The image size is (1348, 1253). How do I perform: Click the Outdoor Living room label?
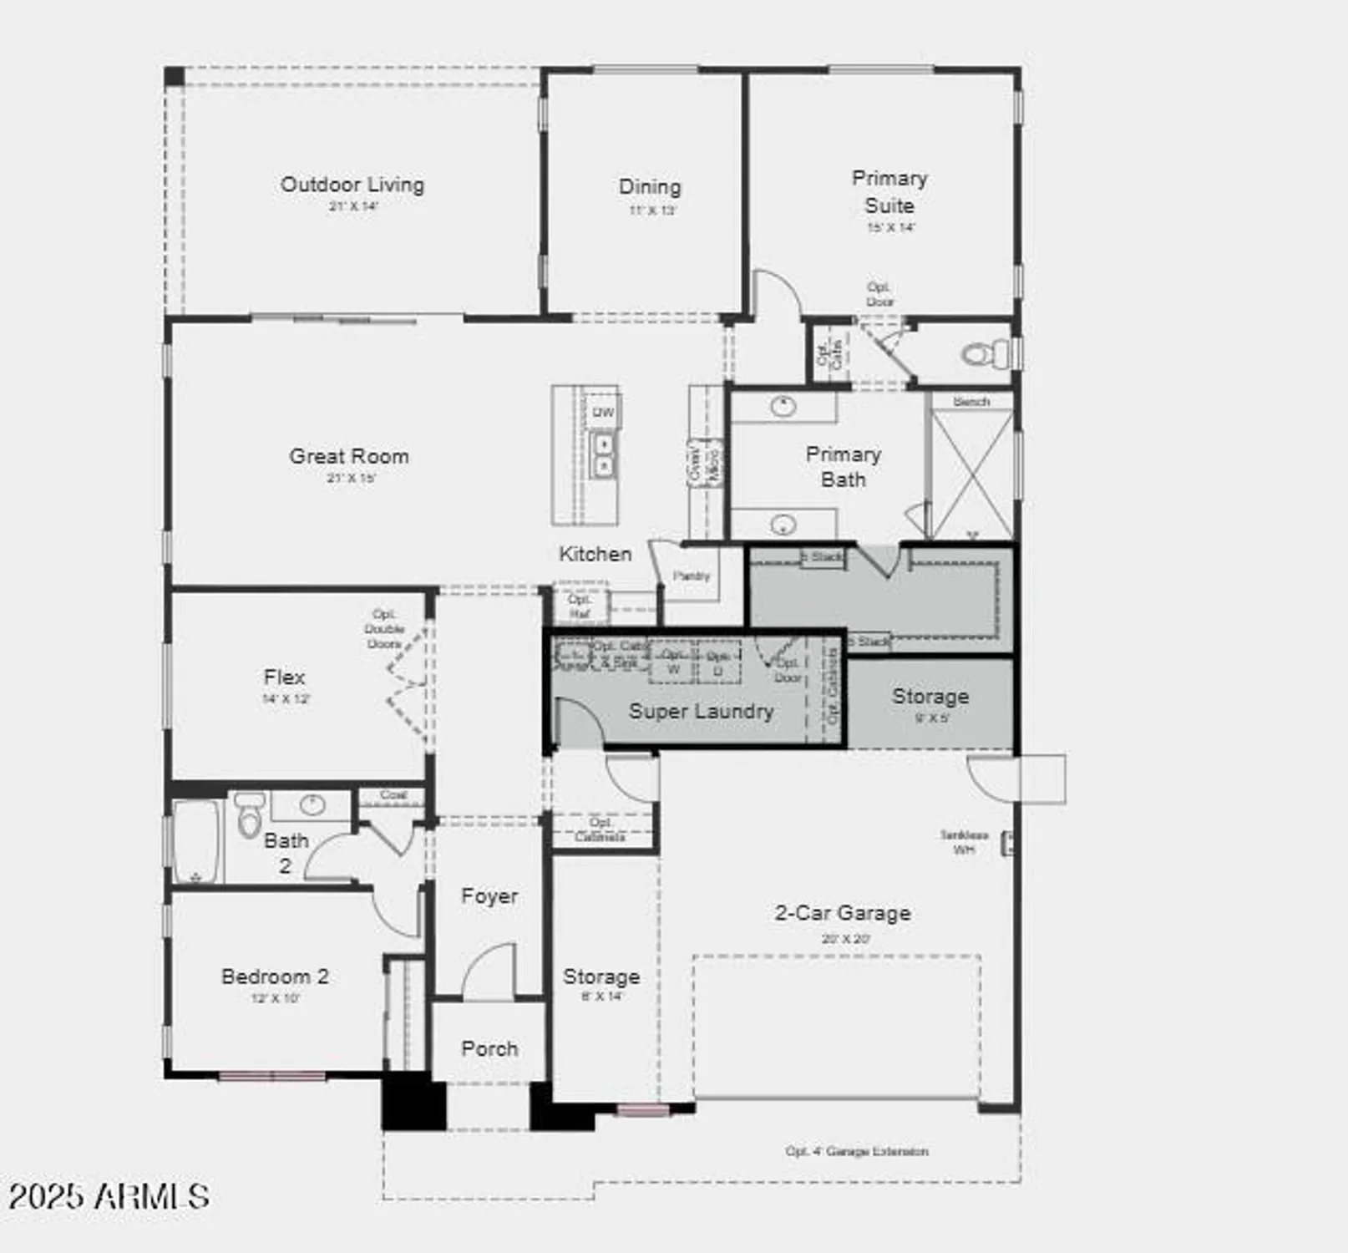pyautogui.click(x=352, y=185)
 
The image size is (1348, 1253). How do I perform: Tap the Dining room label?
pyautogui.click(x=650, y=187)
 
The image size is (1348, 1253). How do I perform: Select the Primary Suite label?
pyautogui.click(x=889, y=191)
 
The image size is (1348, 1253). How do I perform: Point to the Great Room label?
pyautogui.click(x=349, y=456)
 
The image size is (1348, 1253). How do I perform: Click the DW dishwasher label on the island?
pyautogui.click(x=603, y=412)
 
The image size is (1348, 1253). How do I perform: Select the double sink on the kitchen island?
pyautogui.click(x=602, y=454)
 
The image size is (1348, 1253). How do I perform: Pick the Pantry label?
pyautogui.click(x=692, y=576)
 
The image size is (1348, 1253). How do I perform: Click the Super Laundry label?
pyautogui.click(x=701, y=712)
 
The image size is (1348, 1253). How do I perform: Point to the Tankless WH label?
pyautogui.click(x=964, y=842)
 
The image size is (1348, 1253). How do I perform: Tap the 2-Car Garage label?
pyautogui.click(x=843, y=913)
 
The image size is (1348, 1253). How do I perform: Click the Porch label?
pyautogui.click(x=489, y=1048)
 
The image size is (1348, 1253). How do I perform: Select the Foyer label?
pyautogui.click(x=489, y=896)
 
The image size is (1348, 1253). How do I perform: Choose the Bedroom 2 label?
pyautogui.click(x=275, y=977)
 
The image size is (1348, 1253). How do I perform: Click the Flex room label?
pyautogui.click(x=285, y=677)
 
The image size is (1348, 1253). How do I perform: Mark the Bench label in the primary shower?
pyautogui.click(x=971, y=402)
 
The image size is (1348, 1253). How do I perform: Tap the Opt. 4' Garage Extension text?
pyautogui.click(x=857, y=1151)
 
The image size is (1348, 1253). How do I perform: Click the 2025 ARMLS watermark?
pyautogui.click(x=109, y=1196)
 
